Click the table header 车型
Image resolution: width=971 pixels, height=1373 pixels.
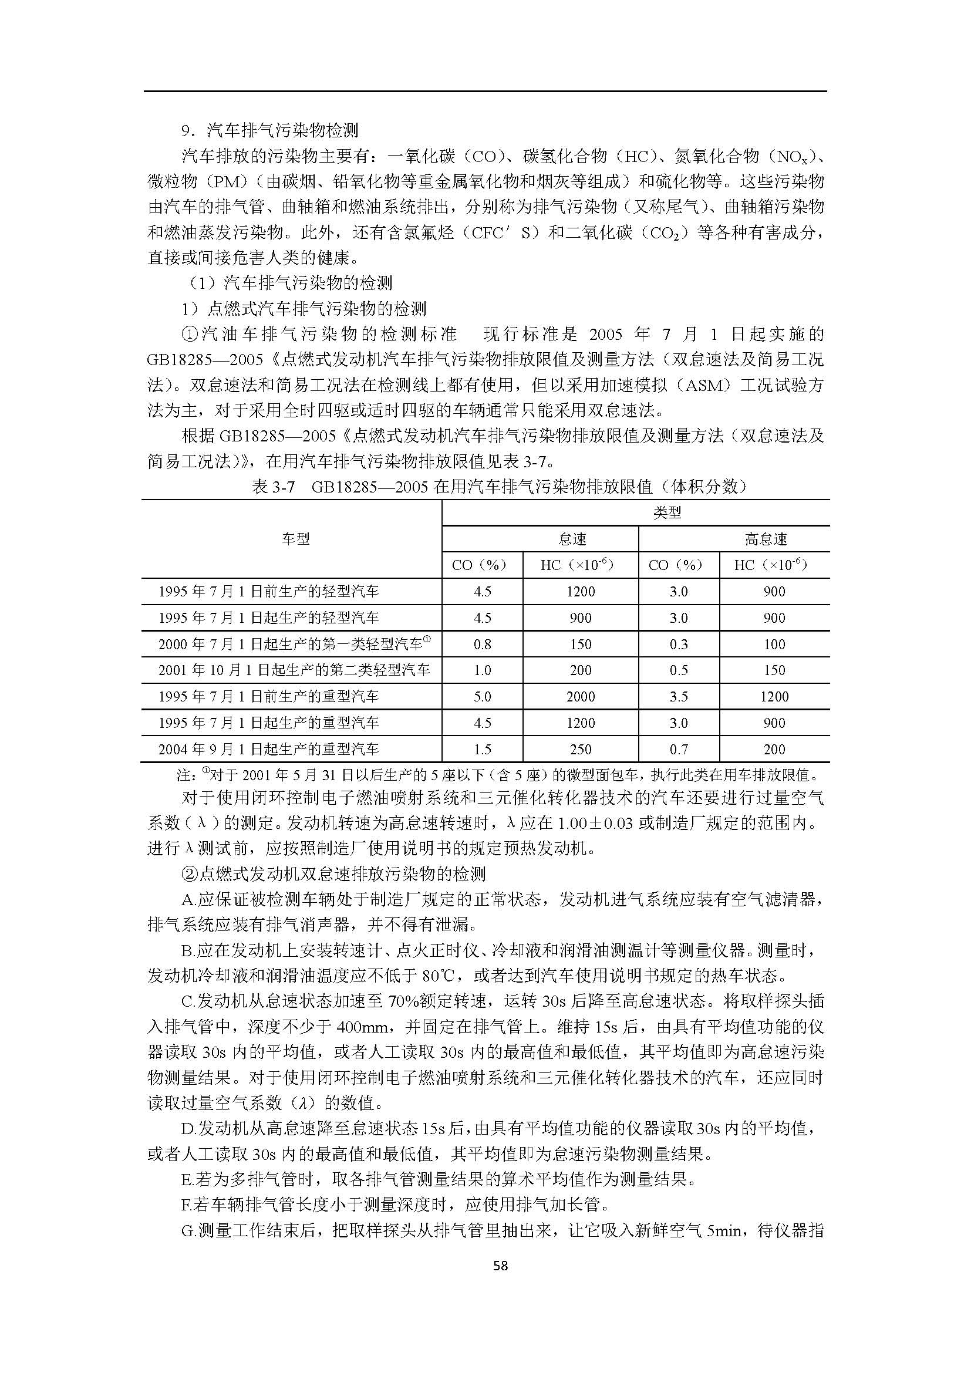tap(296, 539)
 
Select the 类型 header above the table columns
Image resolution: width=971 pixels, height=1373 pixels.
tap(667, 513)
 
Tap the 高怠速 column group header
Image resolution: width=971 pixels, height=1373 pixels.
tap(766, 539)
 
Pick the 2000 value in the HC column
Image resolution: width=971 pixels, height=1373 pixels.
tap(581, 697)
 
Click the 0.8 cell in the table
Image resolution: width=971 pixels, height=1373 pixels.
tap(482, 645)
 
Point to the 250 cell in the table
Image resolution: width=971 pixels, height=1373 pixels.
tap(581, 749)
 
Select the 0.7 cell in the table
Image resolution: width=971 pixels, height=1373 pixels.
tap(679, 749)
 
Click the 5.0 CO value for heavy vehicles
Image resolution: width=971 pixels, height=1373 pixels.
tap(482, 697)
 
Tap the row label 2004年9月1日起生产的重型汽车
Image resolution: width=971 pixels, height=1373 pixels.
tap(268, 749)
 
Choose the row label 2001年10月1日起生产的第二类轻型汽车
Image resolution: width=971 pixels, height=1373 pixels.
tap(294, 670)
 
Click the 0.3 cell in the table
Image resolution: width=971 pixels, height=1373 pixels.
tap(679, 645)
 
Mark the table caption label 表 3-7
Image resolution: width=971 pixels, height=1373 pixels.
tap(274, 487)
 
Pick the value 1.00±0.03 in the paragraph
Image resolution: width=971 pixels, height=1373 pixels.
tap(595, 824)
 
